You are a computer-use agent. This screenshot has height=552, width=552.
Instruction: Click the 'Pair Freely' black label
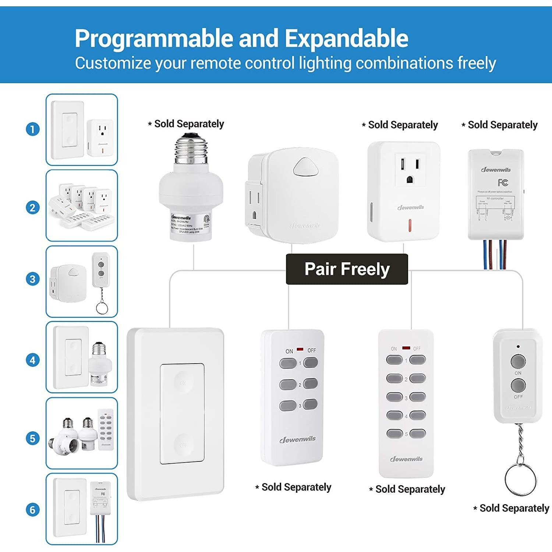click(347, 269)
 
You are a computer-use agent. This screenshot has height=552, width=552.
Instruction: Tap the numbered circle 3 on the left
click(33, 279)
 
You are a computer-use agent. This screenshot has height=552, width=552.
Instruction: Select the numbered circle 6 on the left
click(33, 510)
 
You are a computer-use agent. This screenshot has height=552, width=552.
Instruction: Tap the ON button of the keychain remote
click(518, 361)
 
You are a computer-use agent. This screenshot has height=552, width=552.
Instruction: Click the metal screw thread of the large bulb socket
click(191, 149)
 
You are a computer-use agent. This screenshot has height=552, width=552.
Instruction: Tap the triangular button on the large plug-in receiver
click(302, 167)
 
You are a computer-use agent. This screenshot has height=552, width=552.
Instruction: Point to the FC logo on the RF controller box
click(503, 183)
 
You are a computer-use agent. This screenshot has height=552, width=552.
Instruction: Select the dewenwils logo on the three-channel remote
click(297, 439)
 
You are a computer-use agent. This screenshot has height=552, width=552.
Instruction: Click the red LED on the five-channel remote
click(406, 348)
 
